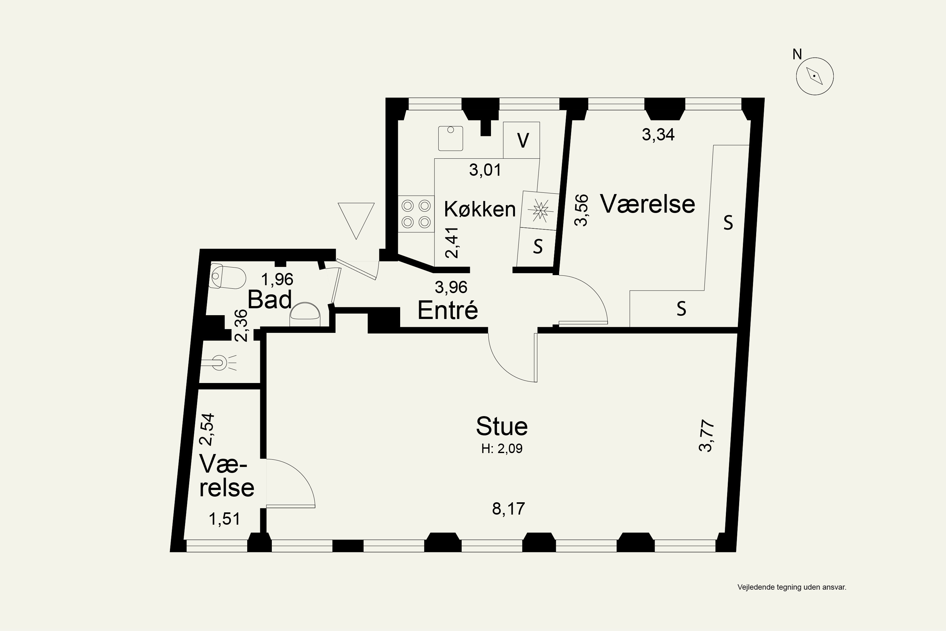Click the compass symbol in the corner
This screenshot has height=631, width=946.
815,76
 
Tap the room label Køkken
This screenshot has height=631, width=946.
480,209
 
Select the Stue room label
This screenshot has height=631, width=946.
502,426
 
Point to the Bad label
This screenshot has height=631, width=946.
270,299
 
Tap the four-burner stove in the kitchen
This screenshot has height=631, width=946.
416,214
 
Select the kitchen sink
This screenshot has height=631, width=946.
451,138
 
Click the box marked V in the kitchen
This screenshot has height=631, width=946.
522,140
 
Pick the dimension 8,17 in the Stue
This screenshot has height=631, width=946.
508,509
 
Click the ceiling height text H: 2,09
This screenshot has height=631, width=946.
502,449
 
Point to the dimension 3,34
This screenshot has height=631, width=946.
658,134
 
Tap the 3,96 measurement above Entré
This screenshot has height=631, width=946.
451,287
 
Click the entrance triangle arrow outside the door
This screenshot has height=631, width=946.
356,221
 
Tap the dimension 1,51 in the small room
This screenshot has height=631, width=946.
225,519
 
